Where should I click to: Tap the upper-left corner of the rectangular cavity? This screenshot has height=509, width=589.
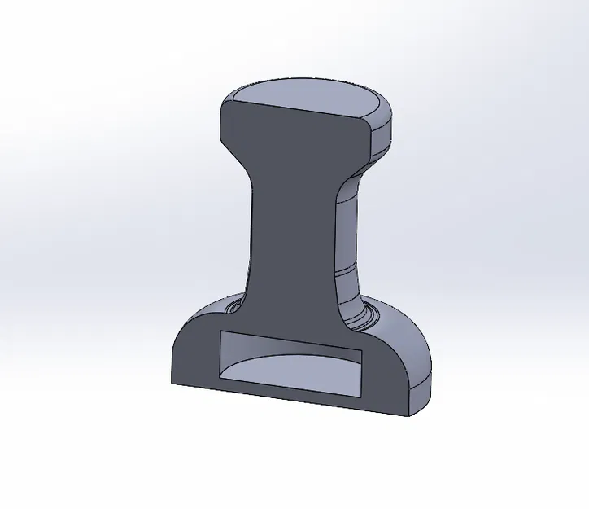click(222, 333)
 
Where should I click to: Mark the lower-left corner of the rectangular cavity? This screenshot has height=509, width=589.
click(222, 380)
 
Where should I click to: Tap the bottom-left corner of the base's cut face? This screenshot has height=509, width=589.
click(172, 382)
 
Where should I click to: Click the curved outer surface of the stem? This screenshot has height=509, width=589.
click(348, 236)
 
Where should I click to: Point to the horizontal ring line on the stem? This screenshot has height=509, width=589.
click(348, 265)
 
